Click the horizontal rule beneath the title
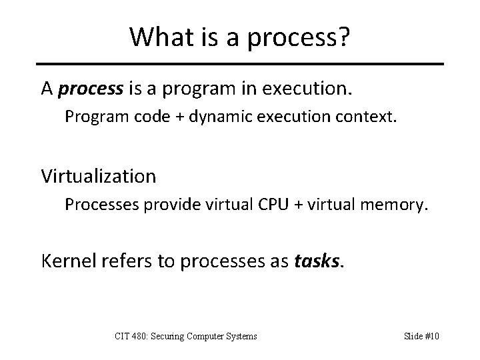point(240,64)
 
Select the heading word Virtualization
point(99,177)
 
